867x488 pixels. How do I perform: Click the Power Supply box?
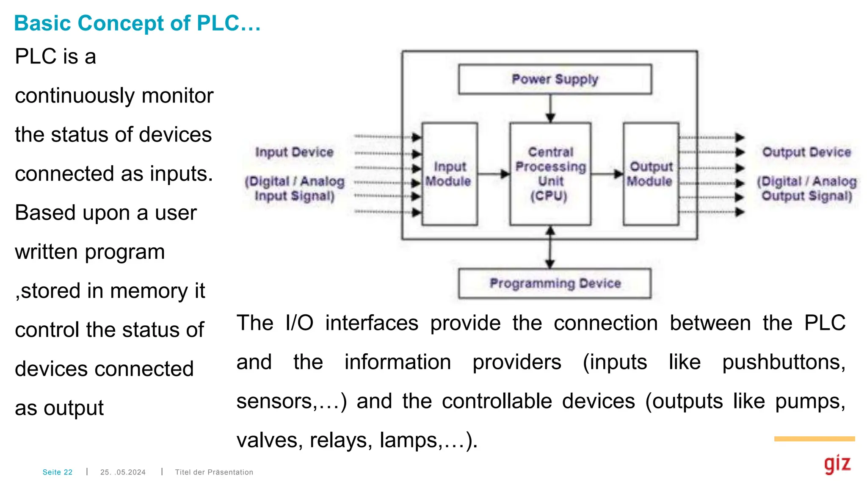(555, 79)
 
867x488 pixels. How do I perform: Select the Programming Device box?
(555, 283)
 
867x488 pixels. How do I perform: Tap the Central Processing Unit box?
(550, 174)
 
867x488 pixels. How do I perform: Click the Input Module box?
(450, 174)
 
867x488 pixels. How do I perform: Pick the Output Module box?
(651, 174)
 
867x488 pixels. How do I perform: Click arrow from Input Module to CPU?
(494, 174)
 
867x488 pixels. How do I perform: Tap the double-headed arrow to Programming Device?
(550, 247)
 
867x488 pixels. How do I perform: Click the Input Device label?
(294, 152)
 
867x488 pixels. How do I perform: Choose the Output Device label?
(806, 152)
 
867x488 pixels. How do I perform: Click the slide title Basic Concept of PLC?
(137, 23)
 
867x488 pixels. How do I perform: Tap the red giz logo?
(837, 464)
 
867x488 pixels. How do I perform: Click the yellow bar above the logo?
(814, 439)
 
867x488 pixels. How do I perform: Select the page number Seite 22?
(58, 472)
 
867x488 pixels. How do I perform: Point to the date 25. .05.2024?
(123, 472)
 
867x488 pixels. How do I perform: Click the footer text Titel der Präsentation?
(214, 472)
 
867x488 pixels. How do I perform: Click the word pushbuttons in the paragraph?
(784, 363)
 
